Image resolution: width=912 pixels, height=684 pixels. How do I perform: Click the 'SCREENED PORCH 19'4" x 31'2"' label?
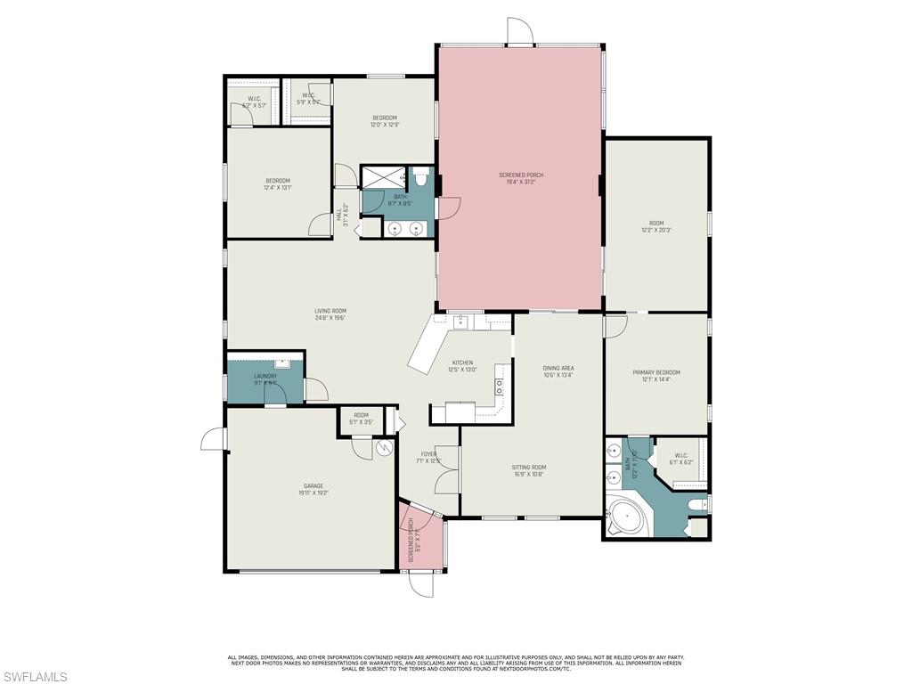click(521, 178)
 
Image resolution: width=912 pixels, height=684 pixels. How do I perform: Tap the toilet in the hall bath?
click(421, 181)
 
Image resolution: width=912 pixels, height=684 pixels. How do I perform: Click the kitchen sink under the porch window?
click(460, 322)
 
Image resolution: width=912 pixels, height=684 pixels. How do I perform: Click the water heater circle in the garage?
click(385, 448)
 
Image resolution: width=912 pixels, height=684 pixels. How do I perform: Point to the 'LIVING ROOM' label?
click(330, 314)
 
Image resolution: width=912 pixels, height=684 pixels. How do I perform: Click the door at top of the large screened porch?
click(519, 31)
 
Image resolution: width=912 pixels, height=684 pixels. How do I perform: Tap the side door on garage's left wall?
click(213, 440)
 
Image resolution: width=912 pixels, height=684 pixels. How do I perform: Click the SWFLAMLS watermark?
click(35, 677)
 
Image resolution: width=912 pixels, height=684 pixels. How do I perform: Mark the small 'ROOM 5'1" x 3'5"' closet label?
click(361, 418)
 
